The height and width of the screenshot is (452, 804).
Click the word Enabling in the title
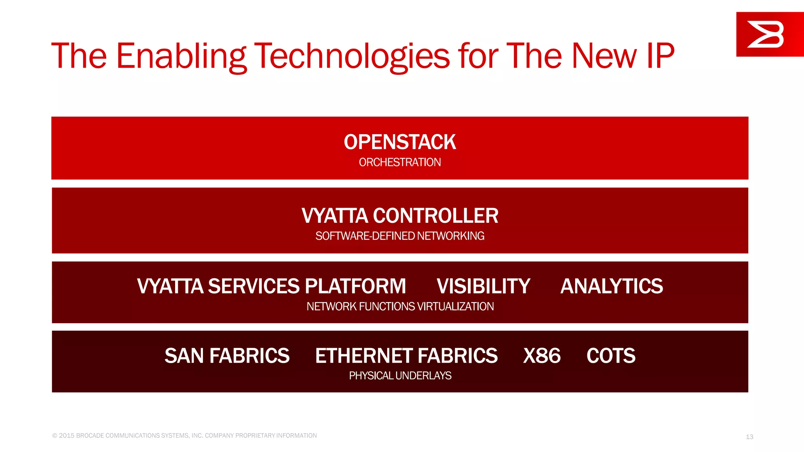tap(181, 56)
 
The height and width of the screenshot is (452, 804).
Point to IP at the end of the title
tap(660, 56)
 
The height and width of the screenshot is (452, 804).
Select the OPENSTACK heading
tap(400, 142)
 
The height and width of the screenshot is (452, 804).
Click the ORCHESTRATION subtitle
tap(400, 162)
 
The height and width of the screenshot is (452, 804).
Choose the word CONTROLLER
tap(435, 216)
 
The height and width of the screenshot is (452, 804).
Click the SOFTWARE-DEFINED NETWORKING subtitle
tap(400, 236)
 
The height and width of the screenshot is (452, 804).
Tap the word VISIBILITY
tap(483, 286)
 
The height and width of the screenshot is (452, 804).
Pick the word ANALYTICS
tap(611, 286)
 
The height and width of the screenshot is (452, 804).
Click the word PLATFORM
tap(355, 286)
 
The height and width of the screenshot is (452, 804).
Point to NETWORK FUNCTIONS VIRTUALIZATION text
tap(400, 306)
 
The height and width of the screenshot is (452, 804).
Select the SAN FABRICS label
tap(227, 356)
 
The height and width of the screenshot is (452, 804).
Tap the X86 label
tap(542, 356)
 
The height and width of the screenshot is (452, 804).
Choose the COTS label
tap(611, 356)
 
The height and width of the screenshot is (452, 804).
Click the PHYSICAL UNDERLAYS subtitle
tap(400, 375)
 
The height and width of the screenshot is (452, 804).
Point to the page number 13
tap(749, 437)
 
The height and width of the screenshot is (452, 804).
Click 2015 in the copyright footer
tap(66, 436)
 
